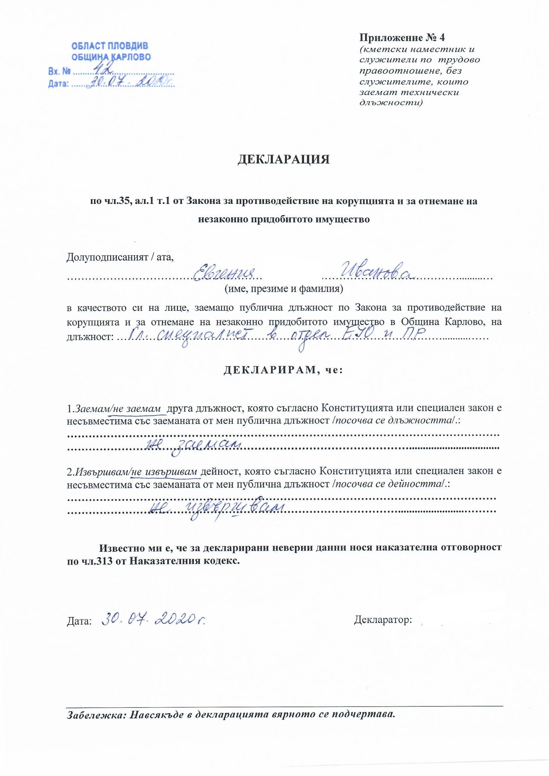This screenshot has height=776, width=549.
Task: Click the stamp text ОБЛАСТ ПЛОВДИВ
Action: coord(110,46)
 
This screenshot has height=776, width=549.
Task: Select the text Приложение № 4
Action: coord(404,37)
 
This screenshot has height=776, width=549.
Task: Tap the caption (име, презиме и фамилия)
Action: coord(283,289)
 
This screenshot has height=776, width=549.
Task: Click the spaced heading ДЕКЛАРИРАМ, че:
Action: coord(283,371)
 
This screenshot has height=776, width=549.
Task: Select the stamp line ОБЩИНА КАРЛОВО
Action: coord(112,57)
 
